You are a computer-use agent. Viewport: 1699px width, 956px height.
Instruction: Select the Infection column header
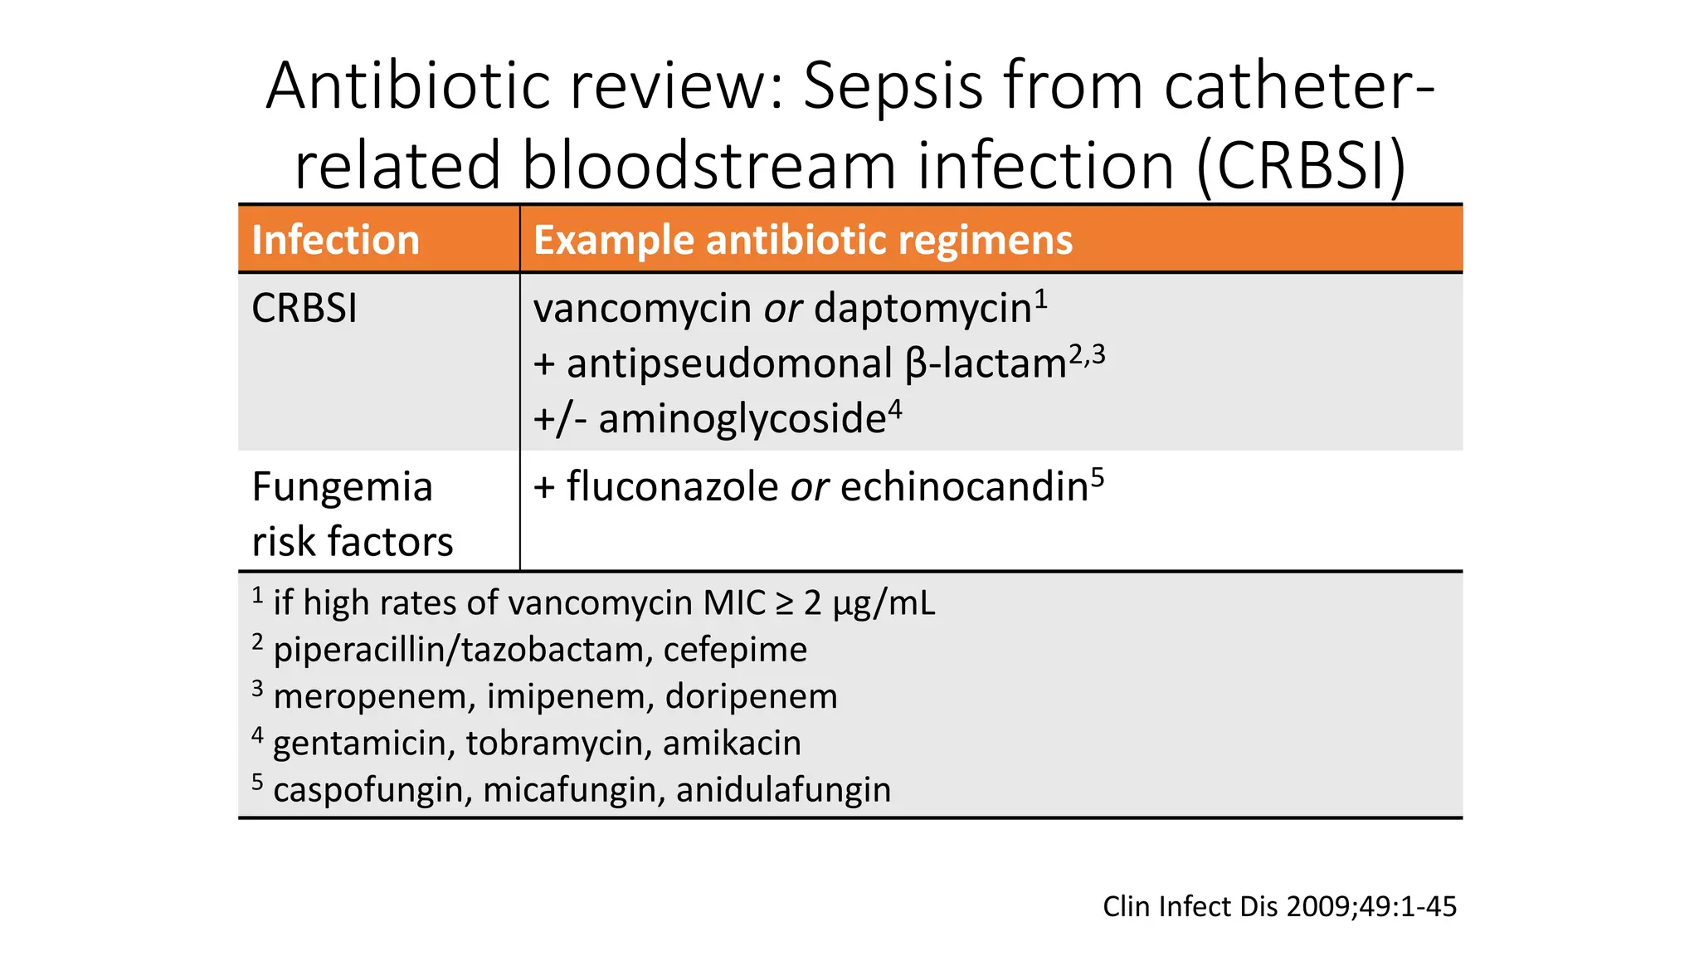click(335, 240)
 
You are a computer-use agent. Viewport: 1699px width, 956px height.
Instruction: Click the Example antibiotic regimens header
click(802, 240)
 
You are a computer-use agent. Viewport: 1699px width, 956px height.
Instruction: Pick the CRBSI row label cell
click(304, 309)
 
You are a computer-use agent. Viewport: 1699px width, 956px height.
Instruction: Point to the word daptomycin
click(923, 309)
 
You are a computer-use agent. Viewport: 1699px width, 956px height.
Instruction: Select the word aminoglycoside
click(742, 419)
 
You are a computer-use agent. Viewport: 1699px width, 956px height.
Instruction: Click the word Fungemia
click(342, 487)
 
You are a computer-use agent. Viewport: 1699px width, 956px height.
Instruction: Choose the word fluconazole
click(672, 487)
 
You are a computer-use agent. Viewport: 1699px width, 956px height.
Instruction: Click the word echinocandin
click(964, 487)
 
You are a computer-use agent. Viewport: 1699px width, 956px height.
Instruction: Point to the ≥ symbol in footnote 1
click(784, 603)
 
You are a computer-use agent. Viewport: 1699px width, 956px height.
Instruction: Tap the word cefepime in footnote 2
click(735, 650)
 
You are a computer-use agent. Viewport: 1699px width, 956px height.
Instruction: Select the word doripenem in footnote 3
click(751, 696)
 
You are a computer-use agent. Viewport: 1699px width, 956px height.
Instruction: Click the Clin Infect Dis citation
click(1278, 906)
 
